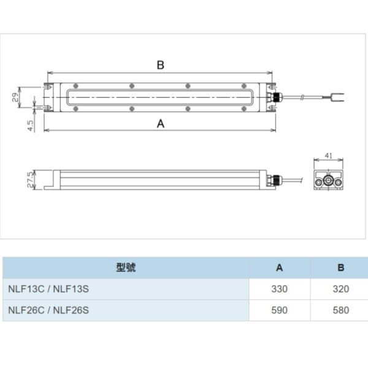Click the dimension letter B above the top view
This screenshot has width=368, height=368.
[x=161, y=65]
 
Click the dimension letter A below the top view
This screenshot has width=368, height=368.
[x=161, y=124]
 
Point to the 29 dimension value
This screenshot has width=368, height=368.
[x=15, y=97]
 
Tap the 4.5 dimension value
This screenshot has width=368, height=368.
[x=31, y=126]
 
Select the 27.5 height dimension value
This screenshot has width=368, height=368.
[x=31, y=180]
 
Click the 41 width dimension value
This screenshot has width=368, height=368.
[x=329, y=156]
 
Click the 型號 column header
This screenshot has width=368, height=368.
[x=126, y=267]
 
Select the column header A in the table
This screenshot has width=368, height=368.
[x=279, y=268]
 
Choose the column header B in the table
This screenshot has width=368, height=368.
[x=341, y=268]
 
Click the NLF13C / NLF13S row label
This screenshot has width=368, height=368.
[x=48, y=289]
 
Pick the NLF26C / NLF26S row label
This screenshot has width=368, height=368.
[x=48, y=310]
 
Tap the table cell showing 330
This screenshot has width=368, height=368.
[x=279, y=289]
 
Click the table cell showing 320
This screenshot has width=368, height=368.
[x=341, y=289]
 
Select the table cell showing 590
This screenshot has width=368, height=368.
[x=279, y=310]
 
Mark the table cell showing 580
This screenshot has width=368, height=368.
[x=341, y=310]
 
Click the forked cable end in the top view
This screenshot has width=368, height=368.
[x=337, y=97]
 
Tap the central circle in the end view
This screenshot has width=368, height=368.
[x=328, y=180]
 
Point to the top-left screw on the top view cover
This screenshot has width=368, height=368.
[x=75, y=86]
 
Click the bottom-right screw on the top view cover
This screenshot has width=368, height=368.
[x=244, y=109]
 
